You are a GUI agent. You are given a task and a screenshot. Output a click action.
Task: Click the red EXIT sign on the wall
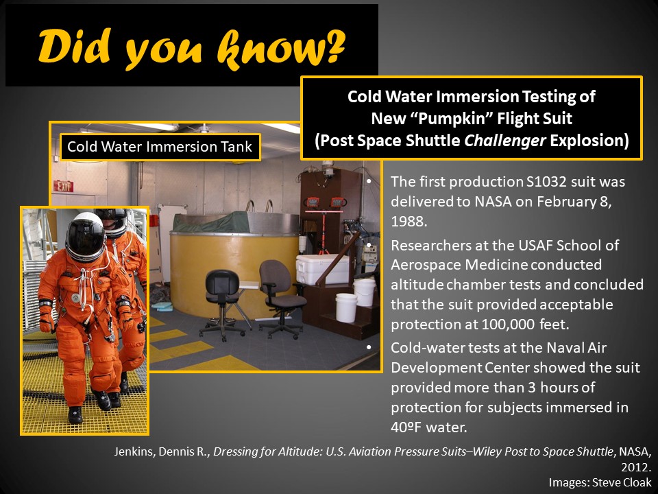coord(63,186)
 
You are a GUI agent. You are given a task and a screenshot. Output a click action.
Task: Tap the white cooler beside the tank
coord(322,269)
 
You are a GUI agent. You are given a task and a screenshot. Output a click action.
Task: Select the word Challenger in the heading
coord(505,140)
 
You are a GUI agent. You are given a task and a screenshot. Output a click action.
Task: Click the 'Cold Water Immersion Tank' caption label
coord(160,147)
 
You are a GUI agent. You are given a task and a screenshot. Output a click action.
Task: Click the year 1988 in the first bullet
coord(409,222)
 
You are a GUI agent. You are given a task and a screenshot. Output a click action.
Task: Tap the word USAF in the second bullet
coord(535,245)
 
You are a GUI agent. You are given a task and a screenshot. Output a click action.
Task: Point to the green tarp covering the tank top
coord(210,222)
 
